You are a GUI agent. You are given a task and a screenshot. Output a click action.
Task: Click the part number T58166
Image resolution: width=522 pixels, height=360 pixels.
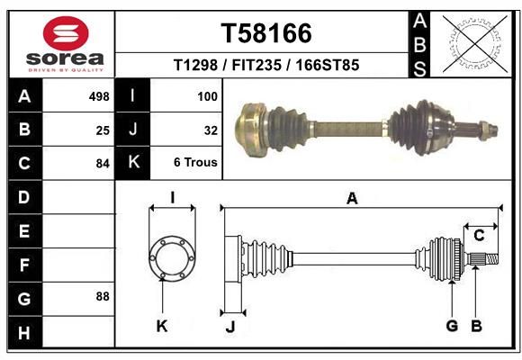266,33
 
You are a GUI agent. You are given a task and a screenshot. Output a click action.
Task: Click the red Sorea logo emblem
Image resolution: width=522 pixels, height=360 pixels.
66,33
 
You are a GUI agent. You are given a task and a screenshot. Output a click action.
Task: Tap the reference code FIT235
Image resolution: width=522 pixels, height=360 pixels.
256,65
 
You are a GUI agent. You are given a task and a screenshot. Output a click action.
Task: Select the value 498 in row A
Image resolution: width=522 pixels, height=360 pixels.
99,96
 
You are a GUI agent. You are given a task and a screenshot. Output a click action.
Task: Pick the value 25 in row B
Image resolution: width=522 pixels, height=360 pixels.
103,130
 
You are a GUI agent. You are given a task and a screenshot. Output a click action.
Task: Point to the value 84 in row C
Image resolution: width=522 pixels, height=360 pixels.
103,164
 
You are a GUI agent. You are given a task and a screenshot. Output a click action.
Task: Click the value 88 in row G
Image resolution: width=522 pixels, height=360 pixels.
103,296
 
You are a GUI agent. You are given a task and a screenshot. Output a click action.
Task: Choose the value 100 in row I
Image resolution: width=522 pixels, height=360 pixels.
207,96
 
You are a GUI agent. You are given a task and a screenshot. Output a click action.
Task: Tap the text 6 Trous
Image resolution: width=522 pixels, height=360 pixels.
195,162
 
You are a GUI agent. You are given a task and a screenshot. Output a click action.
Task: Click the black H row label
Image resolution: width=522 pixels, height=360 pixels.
25,332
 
